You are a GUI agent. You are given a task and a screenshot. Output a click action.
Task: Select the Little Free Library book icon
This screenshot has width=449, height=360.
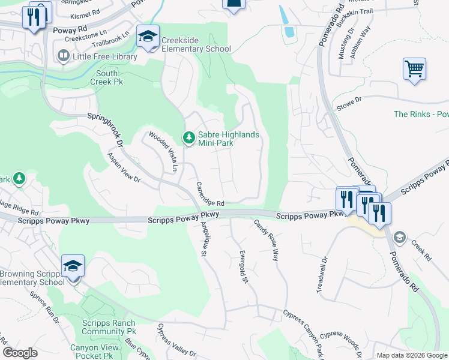tap(63, 56)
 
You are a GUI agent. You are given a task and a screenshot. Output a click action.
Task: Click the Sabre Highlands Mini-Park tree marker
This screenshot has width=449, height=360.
tap(189, 139)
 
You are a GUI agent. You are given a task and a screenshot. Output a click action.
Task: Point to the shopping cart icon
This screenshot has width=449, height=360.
tap(414, 69)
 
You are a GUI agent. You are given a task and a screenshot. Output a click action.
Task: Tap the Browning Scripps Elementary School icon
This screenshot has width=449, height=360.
tap(73, 266)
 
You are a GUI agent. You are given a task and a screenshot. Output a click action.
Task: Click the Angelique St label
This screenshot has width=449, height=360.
tap(204, 239)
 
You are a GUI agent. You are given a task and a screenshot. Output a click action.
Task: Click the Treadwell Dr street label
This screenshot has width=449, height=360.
tap(322, 275)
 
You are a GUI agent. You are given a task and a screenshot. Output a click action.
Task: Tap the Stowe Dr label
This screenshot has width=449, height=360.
tap(350, 103)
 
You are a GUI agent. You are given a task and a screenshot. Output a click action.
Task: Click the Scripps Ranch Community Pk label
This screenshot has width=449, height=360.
tap(109, 327)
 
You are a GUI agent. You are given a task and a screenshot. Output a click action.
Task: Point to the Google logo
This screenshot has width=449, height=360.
tap(20, 353)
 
